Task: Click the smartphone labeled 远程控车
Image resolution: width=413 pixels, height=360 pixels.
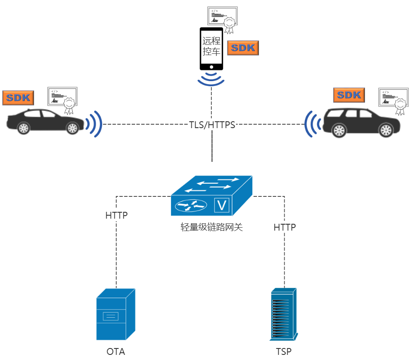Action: pyautogui.click(x=212, y=48)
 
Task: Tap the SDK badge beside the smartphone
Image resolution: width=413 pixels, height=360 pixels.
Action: pyautogui.click(x=243, y=48)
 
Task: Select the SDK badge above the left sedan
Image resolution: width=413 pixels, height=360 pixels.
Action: pyautogui.click(x=18, y=97)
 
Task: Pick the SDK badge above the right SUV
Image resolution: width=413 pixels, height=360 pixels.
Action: pyautogui.click(x=349, y=95)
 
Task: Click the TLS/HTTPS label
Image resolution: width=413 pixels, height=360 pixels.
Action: pyautogui.click(x=212, y=125)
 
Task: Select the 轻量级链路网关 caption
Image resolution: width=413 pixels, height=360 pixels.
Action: pyautogui.click(x=212, y=227)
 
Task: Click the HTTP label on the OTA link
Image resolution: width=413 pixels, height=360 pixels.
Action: pyautogui.click(x=116, y=215)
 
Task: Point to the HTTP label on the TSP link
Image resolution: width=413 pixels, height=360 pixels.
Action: pyautogui.click(x=285, y=227)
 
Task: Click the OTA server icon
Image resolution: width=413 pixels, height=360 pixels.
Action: pyautogui.click(x=115, y=314)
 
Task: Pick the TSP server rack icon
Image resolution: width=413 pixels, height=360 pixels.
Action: pyautogui.click(x=283, y=314)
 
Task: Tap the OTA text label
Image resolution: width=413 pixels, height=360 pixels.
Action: pyautogui.click(x=115, y=352)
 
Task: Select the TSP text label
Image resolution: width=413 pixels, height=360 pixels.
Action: pyautogui.click(x=283, y=352)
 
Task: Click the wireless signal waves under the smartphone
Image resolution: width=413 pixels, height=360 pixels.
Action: pyautogui.click(x=211, y=79)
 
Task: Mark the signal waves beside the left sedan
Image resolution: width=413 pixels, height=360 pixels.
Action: pyautogui.click(x=94, y=124)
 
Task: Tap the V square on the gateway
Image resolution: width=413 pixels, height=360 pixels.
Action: pyautogui.click(x=222, y=206)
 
